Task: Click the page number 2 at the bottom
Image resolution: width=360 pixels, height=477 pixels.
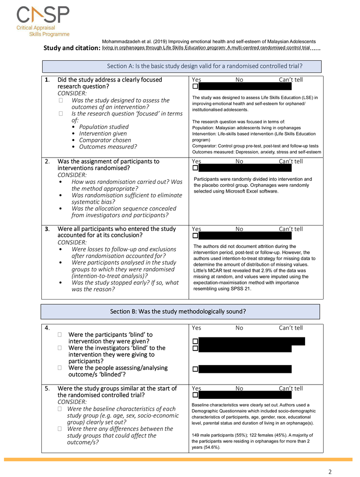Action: point(330,471)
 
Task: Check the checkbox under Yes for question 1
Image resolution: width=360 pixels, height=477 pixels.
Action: point(195,87)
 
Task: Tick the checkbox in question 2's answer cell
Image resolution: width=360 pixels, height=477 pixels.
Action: point(195,168)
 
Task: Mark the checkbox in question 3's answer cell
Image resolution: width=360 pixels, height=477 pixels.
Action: point(195,236)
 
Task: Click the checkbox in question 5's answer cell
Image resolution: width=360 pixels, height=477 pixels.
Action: point(195,395)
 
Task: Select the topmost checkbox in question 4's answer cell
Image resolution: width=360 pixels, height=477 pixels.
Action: point(195,341)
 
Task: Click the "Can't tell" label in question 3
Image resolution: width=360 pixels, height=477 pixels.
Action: point(291,229)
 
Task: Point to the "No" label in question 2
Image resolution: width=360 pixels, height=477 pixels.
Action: point(240,161)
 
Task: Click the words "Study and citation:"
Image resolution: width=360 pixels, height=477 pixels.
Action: point(72,48)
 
